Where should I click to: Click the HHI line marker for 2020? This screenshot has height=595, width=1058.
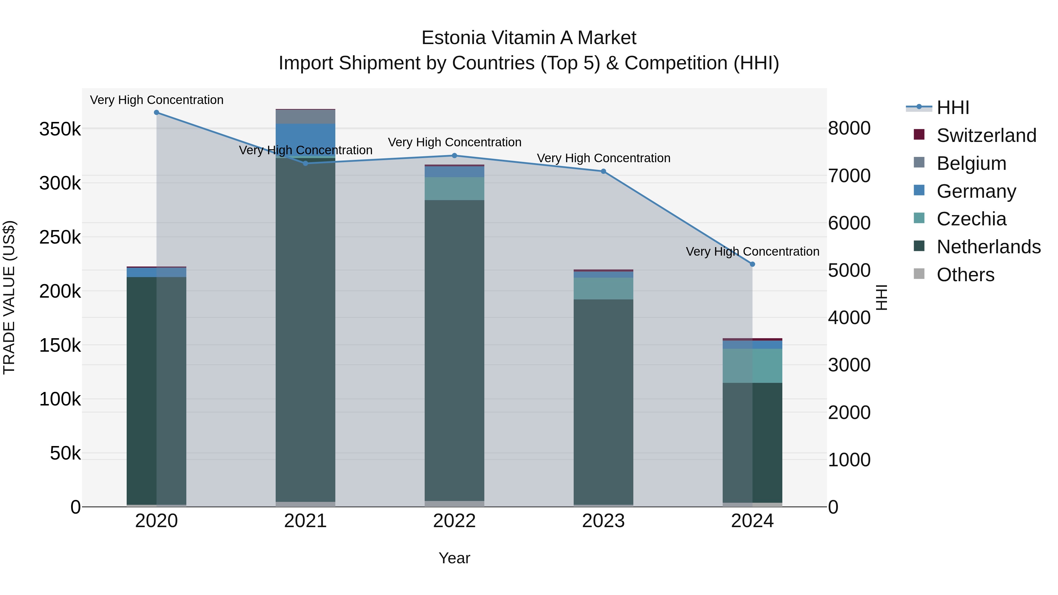pos(156,113)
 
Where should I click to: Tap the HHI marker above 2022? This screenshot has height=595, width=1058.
pos(454,156)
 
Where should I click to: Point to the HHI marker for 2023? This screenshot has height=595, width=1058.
pos(603,171)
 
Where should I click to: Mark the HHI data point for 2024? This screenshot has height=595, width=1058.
pos(752,264)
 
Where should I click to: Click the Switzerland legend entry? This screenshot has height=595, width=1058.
pos(986,135)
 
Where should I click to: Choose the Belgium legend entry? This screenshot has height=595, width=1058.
pos(971,163)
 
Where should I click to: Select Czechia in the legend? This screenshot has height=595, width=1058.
pos(971,219)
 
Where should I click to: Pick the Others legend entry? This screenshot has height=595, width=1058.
pos(965,275)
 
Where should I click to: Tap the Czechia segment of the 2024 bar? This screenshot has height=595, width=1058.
pos(752,366)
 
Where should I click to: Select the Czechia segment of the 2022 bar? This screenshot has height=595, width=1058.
pos(454,188)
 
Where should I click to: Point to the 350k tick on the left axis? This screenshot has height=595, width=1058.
pos(60,129)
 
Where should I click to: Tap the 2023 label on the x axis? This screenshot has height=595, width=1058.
pos(603,521)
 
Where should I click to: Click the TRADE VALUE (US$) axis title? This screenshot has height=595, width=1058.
pos(9,297)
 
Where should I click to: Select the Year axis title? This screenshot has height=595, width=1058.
pos(454,558)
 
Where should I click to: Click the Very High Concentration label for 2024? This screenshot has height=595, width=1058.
pos(752,251)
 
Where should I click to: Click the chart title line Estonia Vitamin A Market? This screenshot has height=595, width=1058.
pos(529,38)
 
